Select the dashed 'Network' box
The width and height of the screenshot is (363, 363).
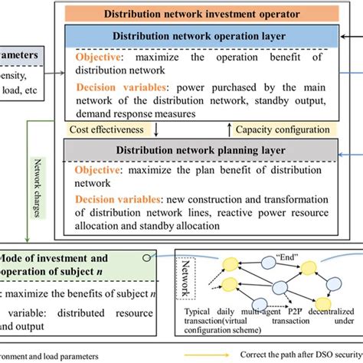(x=185, y=276)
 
